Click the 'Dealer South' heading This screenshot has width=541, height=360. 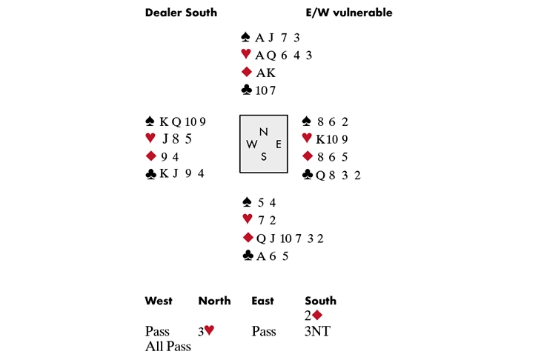180,13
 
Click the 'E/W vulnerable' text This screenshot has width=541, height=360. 348,13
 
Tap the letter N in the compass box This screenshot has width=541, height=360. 263,132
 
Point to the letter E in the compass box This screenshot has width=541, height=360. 278,144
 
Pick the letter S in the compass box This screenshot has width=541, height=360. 263,156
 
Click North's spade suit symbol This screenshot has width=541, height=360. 246,36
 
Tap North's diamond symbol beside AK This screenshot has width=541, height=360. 246,72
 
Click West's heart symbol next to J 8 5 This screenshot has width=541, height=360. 150,138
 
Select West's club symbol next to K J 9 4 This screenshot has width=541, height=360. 151,173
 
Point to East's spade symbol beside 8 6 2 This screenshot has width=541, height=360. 307,121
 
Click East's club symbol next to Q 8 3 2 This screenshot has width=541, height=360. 307,174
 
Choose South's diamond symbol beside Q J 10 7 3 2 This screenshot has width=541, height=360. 248,238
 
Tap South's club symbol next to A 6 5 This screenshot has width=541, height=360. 247,256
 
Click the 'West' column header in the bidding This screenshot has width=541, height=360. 159,301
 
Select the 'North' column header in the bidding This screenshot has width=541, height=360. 214,301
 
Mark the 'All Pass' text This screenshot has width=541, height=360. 168,346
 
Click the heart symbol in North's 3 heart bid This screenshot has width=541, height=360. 209,330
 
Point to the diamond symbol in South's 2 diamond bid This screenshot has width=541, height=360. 317,315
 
